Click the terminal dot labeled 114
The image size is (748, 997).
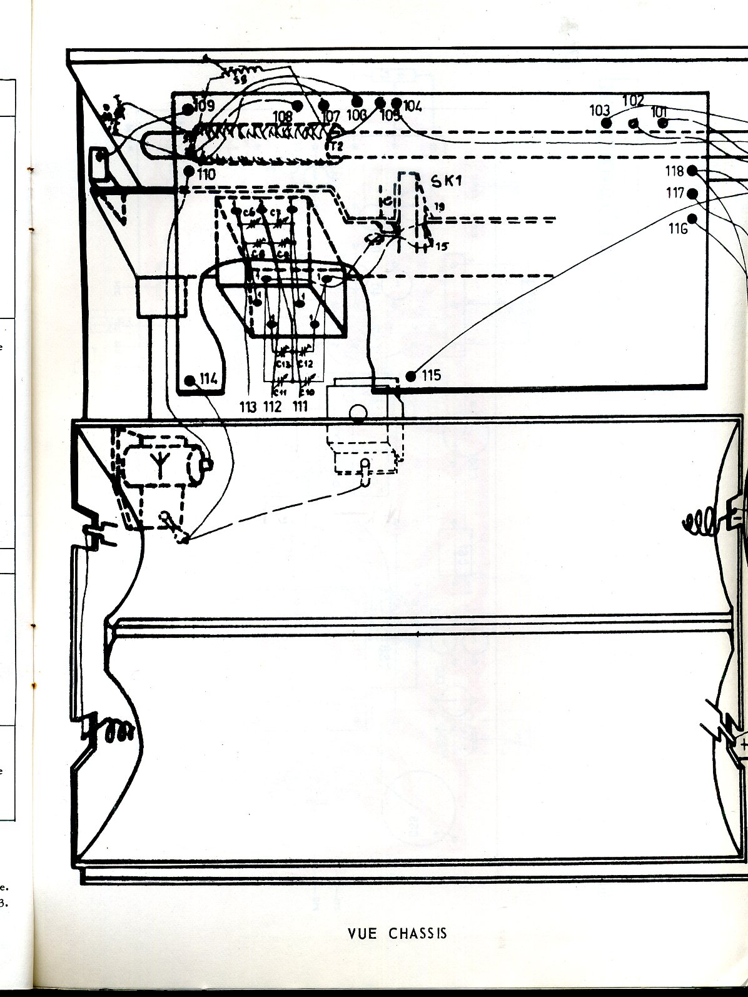tap(190, 380)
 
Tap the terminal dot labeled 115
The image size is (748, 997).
tap(411, 376)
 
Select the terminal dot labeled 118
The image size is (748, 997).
tap(692, 171)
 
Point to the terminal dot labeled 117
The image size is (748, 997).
tap(692, 193)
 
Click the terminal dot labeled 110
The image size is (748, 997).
tap(189, 170)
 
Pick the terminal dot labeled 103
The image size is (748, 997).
tap(606, 122)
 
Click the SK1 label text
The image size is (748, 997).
tap(446, 181)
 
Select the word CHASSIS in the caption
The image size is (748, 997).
tap(418, 933)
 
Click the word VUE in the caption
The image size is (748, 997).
tap(363, 933)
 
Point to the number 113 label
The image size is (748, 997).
tap(248, 407)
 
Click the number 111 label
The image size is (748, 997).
tap(301, 407)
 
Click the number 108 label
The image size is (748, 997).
tap(283, 116)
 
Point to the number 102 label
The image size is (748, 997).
tap(633, 100)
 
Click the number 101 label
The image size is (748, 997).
tap(659, 112)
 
